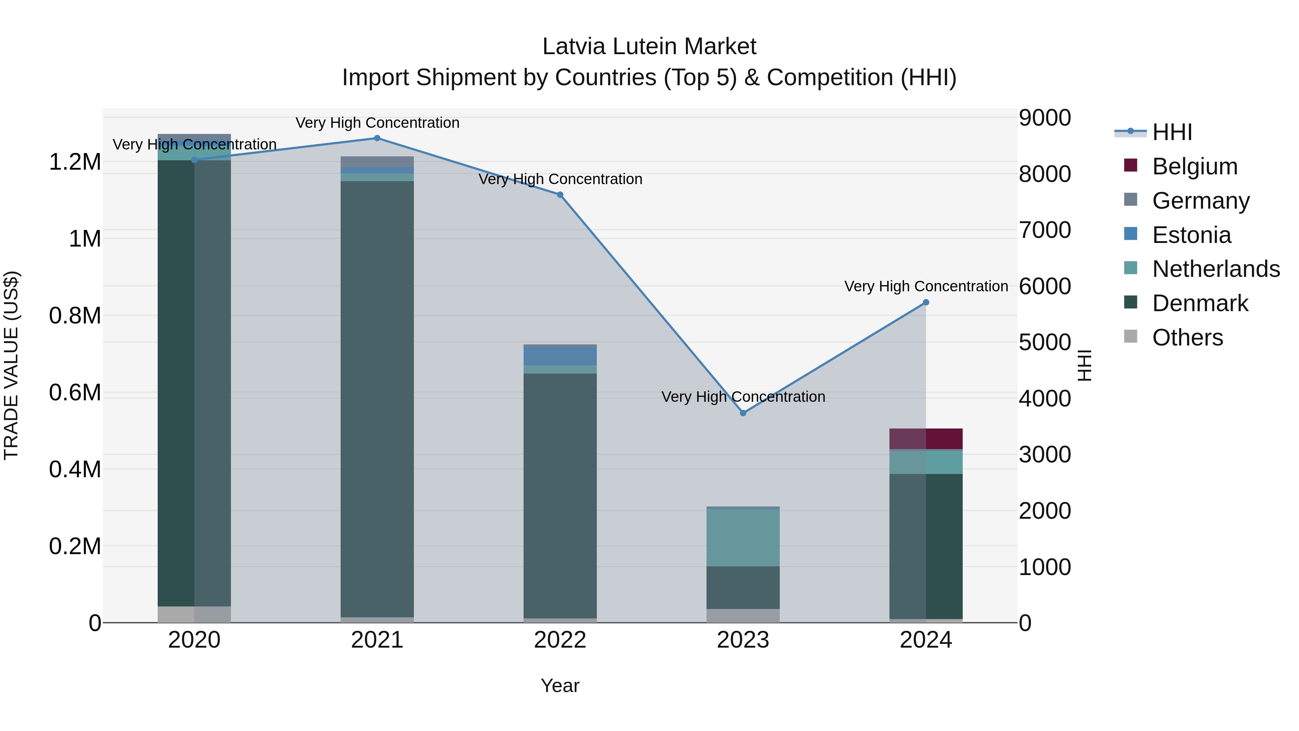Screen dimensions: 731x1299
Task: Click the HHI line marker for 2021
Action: [x=377, y=138]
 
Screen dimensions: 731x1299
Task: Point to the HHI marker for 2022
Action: [x=560, y=195]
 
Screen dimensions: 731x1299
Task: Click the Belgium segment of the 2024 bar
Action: [x=926, y=439]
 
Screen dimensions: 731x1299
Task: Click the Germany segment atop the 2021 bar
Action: [x=377, y=161]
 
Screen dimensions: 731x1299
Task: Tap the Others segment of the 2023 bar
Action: [x=743, y=616]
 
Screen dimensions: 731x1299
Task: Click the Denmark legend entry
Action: [x=1200, y=303]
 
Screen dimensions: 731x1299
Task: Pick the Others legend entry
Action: [x=1187, y=338]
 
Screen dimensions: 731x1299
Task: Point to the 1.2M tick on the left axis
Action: [x=75, y=162]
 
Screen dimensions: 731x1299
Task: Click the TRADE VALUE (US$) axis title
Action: [x=11, y=365]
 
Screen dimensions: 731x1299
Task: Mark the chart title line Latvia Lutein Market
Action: [x=649, y=47]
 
